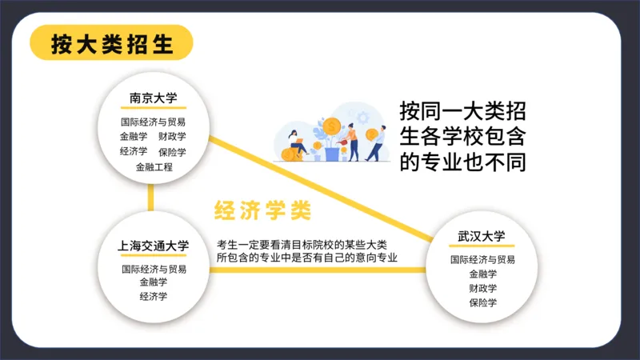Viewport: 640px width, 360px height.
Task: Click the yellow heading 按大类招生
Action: click(x=112, y=42)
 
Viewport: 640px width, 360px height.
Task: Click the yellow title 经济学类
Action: click(x=262, y=210)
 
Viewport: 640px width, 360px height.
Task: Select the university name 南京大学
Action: click(x=153, y=98)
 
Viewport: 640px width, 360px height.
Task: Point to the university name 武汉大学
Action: click(x=482, y=236)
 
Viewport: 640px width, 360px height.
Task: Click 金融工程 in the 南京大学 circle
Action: click(x=154, y=167)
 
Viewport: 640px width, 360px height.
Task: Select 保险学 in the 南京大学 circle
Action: click(x=172, y=152)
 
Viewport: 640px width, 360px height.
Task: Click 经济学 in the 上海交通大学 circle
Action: click(x=154, y=297)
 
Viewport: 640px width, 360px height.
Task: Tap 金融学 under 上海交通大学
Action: click(x=154, y=282)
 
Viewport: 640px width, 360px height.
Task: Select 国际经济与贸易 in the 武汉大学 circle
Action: click(x=482, y=259)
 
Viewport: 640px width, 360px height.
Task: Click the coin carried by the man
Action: click(x=371, y=134)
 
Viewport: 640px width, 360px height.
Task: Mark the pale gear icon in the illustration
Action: click(x=362, y=118)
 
